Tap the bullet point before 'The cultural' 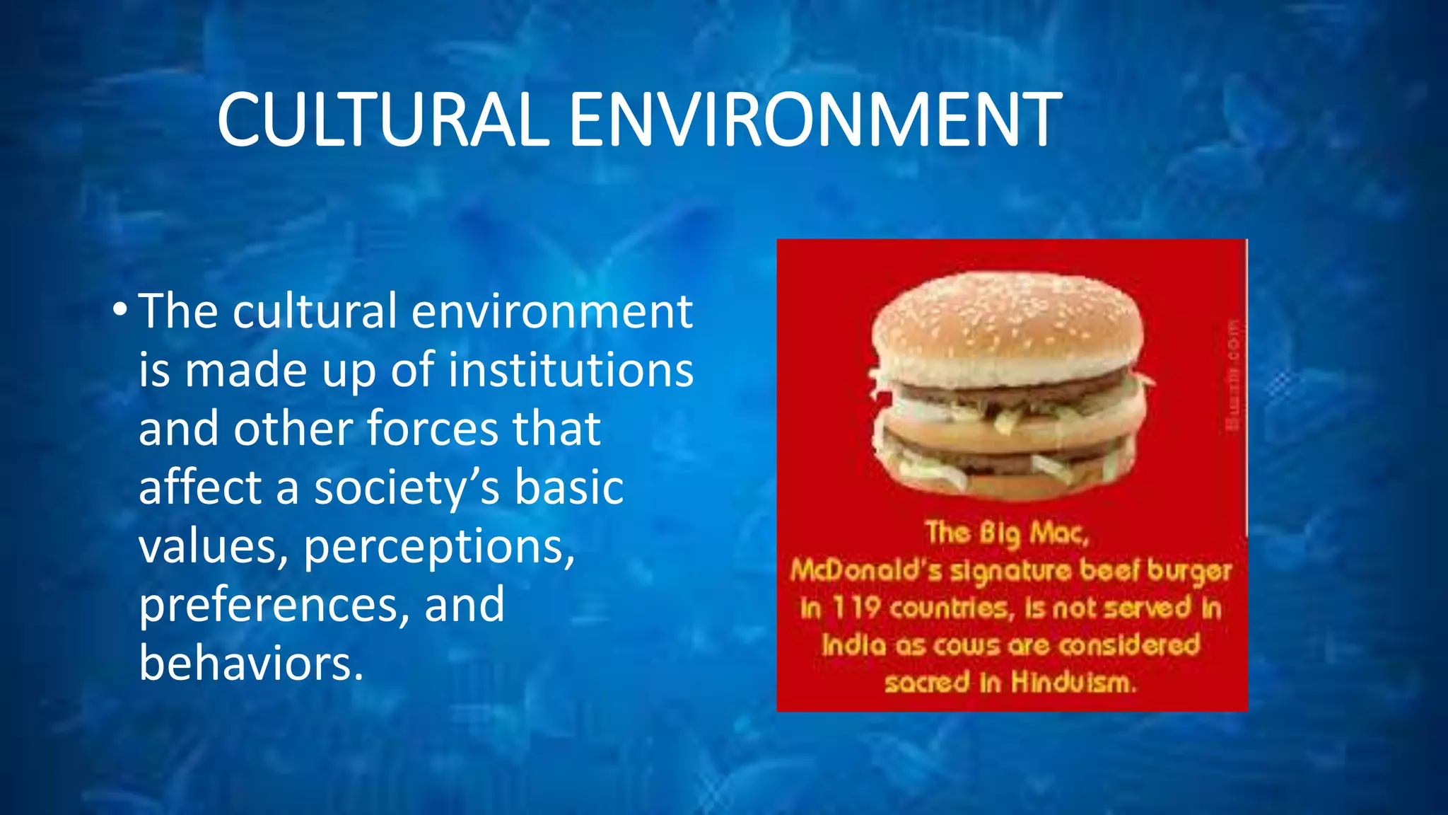click(x=119, y=311)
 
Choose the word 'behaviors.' click(x=251, y=664)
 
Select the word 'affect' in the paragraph click(x=200, y=487)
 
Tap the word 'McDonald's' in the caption click(x=866, y=570)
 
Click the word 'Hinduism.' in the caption click(x=1073, y=683)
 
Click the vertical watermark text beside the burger click(x=1233, y=375)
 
